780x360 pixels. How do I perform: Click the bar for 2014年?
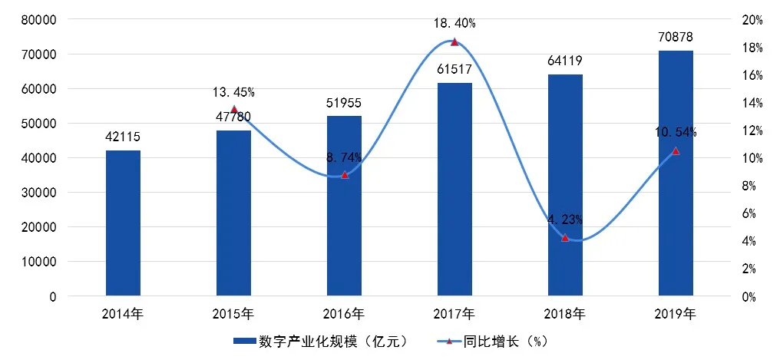123,223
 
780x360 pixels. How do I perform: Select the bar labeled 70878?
676,173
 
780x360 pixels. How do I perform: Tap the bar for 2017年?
454,189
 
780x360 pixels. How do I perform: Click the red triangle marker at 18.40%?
454,42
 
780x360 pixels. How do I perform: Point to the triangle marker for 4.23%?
565,238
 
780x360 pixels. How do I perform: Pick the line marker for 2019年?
676,151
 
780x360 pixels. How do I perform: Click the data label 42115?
123,137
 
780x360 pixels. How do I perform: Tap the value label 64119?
565,61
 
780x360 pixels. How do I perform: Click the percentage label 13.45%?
233,93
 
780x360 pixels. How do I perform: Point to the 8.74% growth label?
344,157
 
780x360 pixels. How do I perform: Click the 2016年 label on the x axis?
344,314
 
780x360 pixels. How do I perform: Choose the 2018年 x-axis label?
565,314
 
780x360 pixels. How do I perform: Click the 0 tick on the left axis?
52,296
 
